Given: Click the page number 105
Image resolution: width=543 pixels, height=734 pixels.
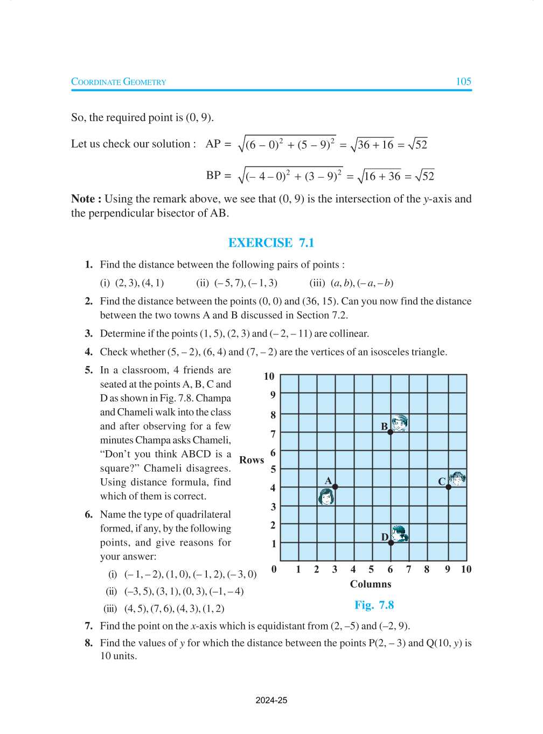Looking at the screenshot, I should click(463, 81).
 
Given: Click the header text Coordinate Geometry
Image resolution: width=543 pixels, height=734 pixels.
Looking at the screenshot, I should click(119, 82).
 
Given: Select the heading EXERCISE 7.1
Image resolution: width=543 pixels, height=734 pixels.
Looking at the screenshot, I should click(271, 243).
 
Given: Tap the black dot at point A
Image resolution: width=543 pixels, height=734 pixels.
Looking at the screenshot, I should click(335, 487).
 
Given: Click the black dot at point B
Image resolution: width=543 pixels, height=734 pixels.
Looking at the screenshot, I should click(391, 432).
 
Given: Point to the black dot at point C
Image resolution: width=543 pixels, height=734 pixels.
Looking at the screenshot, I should click(448, 487).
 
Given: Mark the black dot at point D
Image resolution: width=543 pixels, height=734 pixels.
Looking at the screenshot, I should click(391, 543).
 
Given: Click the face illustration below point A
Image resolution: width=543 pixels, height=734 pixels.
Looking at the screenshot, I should click(326, 497).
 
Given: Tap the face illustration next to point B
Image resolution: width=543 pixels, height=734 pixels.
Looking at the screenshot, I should click(400, 423).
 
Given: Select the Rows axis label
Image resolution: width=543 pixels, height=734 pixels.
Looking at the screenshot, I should click(252, 460).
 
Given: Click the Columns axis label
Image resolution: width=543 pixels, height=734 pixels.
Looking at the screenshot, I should click(371, 584).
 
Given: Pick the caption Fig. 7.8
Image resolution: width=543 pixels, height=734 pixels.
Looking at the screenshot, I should click(374, 605).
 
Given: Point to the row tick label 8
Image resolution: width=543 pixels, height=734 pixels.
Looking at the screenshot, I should click(273, 415).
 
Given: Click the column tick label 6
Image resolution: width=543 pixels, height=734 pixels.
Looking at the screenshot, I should click(390, 570).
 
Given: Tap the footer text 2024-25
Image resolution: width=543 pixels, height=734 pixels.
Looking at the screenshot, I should click(271, 701).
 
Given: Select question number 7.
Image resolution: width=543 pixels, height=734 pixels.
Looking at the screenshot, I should click(89, 626).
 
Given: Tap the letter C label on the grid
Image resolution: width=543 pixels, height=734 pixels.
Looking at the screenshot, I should click(442, 481).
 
